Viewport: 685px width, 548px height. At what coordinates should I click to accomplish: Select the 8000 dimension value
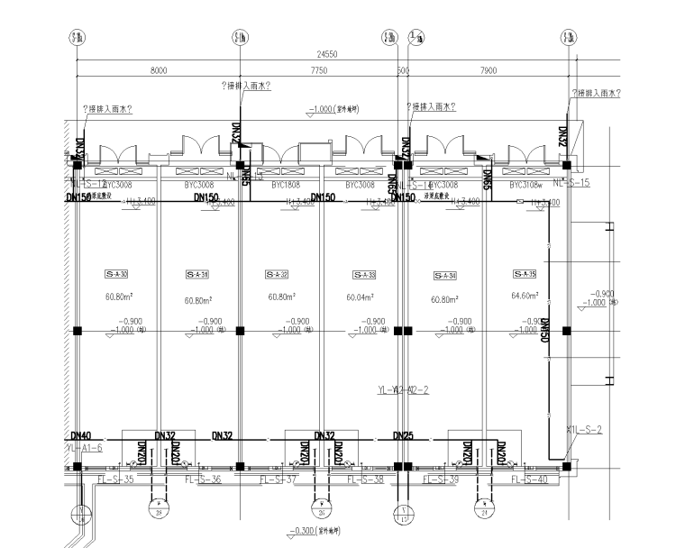pyautogui.click(x=159, y=69)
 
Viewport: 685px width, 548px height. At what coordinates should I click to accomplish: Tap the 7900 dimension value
pyautogui.click(x=489, y=69)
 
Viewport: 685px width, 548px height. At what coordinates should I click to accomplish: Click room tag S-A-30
pyautogui.click(x=117, y=274)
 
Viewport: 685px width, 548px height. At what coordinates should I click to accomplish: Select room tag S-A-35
pyautogui.click(x=524, y=274)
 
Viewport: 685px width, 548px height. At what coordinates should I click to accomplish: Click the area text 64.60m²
pyautogui.click(x=524, y=296)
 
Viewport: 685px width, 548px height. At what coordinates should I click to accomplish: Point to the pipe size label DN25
pyautogui.click(x=403, y=435)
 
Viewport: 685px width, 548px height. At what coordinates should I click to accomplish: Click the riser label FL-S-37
pyautogui.click(x=279, y=479)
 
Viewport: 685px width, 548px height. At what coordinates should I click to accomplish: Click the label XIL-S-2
pyautogui.click(x=583, y=429)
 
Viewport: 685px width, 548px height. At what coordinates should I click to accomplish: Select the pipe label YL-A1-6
pyautogui.click(x=86, y=448)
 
